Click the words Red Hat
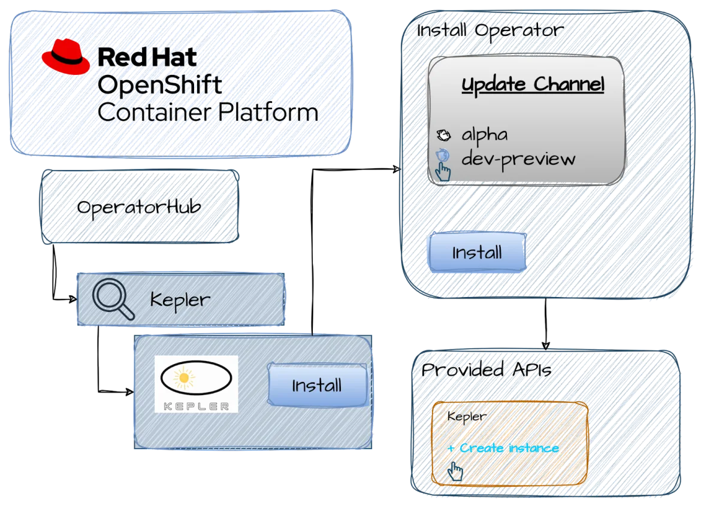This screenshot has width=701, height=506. (147, 57)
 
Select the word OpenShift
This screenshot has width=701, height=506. (159, 85)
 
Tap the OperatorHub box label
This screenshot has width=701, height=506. (139, 207)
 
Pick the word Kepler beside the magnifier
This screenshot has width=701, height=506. (180, 300)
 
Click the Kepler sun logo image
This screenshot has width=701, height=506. (197, 383)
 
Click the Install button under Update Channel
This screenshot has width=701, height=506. (477, 252)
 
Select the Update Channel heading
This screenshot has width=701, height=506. (533, 84)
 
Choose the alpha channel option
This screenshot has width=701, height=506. (485, 135)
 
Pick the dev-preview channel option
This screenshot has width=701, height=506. (518, 159)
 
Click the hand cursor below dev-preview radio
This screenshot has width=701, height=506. (443, 171)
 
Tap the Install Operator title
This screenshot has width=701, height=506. (490, 31)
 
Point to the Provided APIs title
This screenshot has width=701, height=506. (487, 370)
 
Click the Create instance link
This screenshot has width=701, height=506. (503, 448)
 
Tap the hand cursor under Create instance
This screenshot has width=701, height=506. (455, 472)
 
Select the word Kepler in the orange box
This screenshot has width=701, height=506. (467, 417)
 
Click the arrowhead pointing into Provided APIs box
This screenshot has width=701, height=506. (546, 346)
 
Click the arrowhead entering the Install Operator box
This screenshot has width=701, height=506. (397, 169)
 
